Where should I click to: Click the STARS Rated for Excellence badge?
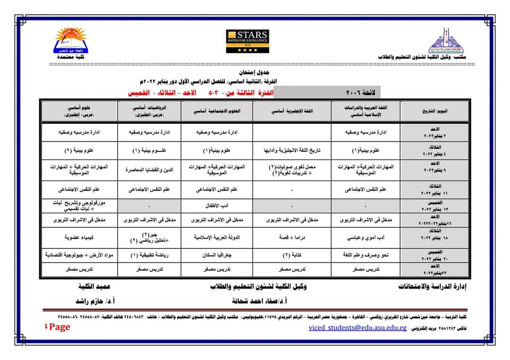(x=247, y=38)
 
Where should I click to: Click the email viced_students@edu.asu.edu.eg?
(x=357, y=327)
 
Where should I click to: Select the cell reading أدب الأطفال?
(x=219, y=206)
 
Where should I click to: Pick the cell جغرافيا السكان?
(x=219, y=255)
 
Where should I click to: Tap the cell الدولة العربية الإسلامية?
(x=219, y=238)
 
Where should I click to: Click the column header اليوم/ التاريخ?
(x=434, y=111)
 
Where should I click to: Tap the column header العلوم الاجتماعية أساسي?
(x=219, y=111)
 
